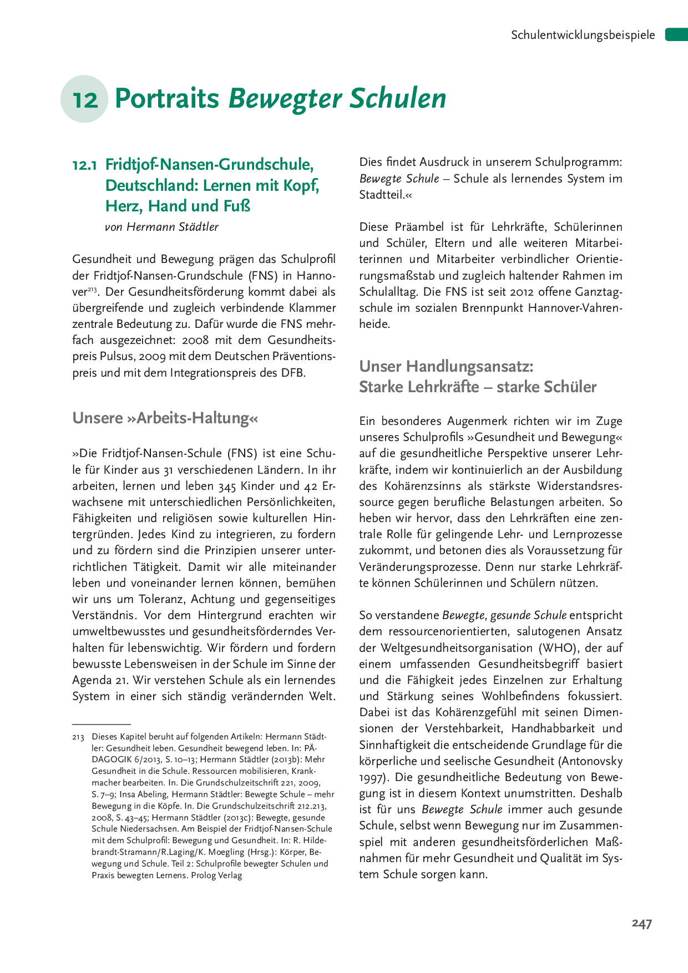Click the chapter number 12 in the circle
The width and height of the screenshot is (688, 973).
click(x=85, y=100)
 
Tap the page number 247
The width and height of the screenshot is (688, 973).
click(x=641, y=923)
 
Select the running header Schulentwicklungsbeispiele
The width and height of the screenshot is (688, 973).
click(x=583, y=35)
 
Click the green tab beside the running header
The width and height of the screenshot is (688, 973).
click(x=676, y=34)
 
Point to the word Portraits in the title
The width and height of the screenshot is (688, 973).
click(x=167, y=99)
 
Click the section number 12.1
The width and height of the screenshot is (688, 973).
click(x=85, y=165)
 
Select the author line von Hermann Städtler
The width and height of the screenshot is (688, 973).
click(x=161, y=227)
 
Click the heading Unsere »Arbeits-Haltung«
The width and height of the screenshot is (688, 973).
click(x=165, y=418)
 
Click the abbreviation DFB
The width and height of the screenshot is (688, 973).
click(x=293, y=373)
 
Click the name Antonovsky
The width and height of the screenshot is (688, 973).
click(x=590, y=761)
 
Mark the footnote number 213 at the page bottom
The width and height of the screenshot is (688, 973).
click(x=78, y=737)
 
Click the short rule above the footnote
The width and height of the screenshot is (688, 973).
click(x=102, y=724)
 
